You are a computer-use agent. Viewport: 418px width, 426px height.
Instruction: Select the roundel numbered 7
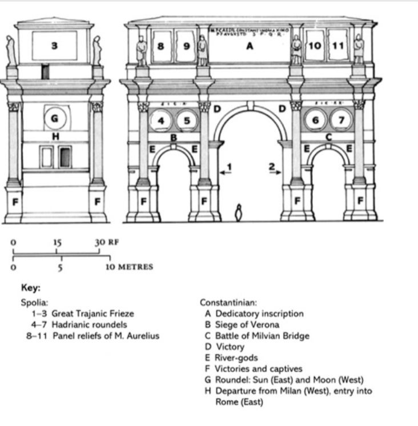(341, 121)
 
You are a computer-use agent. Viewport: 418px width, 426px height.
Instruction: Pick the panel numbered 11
(338, 46)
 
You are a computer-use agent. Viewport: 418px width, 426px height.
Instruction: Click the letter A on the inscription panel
(249, 47)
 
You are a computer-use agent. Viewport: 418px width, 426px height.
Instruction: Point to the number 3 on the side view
(54, 46)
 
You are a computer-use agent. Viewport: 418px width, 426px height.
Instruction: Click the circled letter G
(55, 118)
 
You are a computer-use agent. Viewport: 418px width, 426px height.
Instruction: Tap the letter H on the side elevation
(55, 136)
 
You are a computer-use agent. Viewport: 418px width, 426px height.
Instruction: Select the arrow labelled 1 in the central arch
(226, 170)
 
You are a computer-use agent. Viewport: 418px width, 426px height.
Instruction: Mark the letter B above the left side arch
(174, 137)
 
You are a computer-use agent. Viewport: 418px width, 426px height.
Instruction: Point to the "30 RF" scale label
(106, 242)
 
